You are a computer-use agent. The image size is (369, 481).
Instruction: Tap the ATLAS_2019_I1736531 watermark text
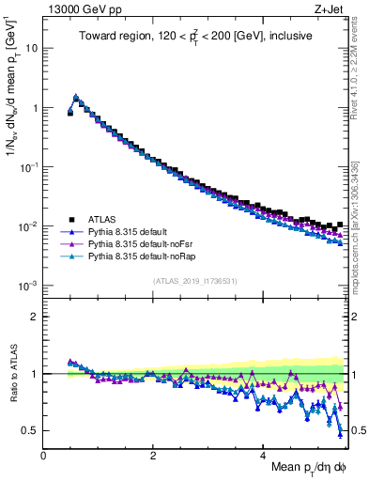coord(194,281)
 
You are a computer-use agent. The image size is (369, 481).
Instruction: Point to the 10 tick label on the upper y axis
coord(32,48)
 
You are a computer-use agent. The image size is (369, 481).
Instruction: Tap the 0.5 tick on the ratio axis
coord(28,430)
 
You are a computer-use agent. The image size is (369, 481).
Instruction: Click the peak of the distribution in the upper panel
coord(76,97)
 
